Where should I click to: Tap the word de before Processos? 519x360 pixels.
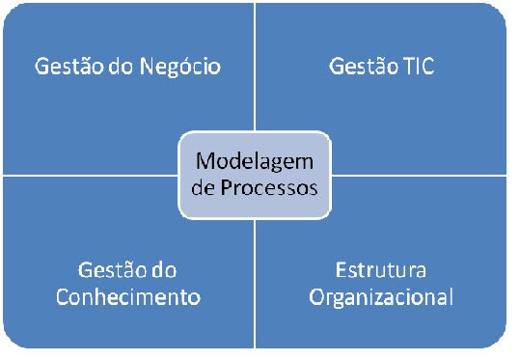point(205,187)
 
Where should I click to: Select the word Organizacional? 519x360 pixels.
point(381,296)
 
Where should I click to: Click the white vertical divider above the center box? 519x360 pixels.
point(255,68)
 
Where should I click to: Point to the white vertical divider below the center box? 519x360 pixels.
point(255,290)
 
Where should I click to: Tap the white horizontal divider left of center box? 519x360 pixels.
point(87,176)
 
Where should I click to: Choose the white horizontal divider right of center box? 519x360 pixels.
point(424,176)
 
